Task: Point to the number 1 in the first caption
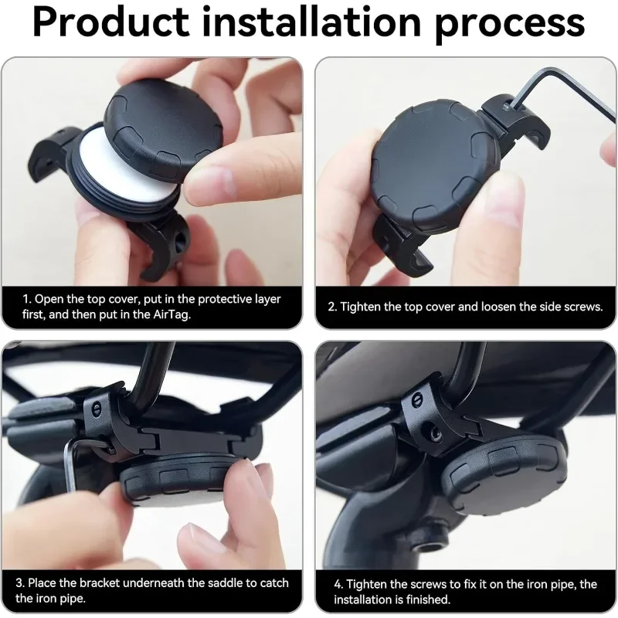(x=25, y=299)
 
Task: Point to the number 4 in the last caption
(x=338, y=584)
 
